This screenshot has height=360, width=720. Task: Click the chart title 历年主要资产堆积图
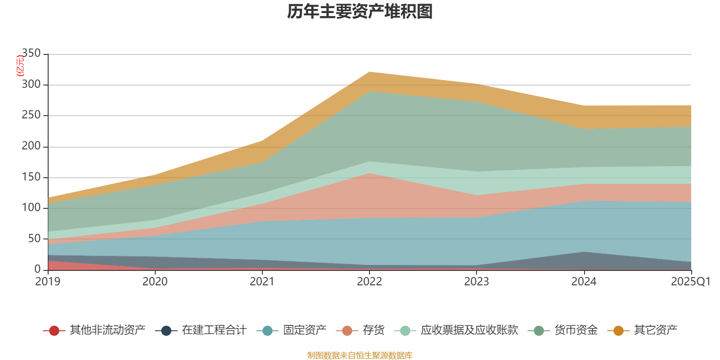click(360, 12)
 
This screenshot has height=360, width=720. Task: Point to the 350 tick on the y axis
click(31, 54)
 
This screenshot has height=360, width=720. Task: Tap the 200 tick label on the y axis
click(31, 146)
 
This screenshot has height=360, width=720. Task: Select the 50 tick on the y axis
click(34, 238)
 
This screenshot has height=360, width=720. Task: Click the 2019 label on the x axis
click(48, 282)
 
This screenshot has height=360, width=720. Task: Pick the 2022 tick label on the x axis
click(369, 282)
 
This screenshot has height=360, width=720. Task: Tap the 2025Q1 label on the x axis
click(690, 282)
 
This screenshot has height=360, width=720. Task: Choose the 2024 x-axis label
click(584, 282)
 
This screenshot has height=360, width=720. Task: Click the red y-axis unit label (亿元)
click(20, 66)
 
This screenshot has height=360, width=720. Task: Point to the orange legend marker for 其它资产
click(618, 331)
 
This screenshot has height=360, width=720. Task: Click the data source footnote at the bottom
click(360, 355)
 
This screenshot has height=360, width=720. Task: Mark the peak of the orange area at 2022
click(369, 72)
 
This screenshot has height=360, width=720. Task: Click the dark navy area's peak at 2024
click(584, 252)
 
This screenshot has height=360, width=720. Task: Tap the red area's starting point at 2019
click(48, 261)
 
